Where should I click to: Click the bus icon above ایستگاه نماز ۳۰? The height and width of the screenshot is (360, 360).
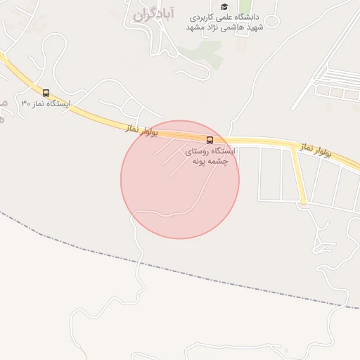[x=46, y=93]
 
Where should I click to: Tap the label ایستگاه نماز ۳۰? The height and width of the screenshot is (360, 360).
[x=46, y=103]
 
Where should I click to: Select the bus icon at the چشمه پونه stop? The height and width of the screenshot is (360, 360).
[x=210, y=139]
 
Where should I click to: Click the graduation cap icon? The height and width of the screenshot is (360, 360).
[x=224, y=6]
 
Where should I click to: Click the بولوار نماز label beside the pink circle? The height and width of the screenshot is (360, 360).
[x=142, y=130]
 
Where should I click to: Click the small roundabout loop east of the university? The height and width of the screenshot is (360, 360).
[x=271, y=21]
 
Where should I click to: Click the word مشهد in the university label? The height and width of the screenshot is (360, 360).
[x=196, y=27]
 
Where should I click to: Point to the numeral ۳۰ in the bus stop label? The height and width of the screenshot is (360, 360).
[x=25, y=103]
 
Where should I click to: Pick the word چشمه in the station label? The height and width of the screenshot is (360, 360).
[x=226, y=161]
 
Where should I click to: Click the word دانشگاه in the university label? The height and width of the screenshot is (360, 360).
[x=245, y=16]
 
